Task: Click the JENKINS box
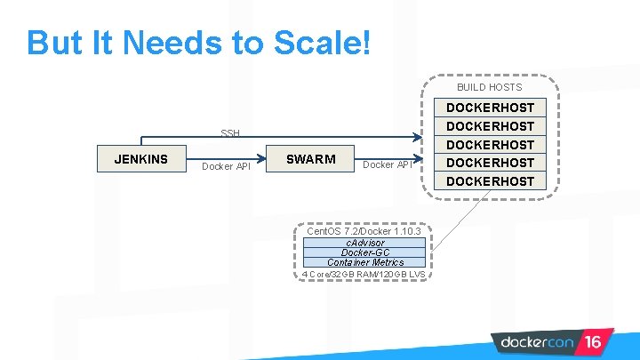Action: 140,159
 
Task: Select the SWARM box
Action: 311,159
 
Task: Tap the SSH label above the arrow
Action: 230,133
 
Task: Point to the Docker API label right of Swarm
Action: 388,164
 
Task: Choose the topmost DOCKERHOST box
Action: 490,108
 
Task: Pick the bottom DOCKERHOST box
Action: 490,181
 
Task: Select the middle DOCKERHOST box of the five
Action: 490,145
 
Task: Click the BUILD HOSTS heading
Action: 489,87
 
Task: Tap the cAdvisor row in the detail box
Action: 364,243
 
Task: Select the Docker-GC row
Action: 364,252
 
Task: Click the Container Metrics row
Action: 364,262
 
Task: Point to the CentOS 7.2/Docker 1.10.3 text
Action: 363,231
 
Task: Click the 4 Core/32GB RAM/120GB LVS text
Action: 363,274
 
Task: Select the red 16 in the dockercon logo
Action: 593,341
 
